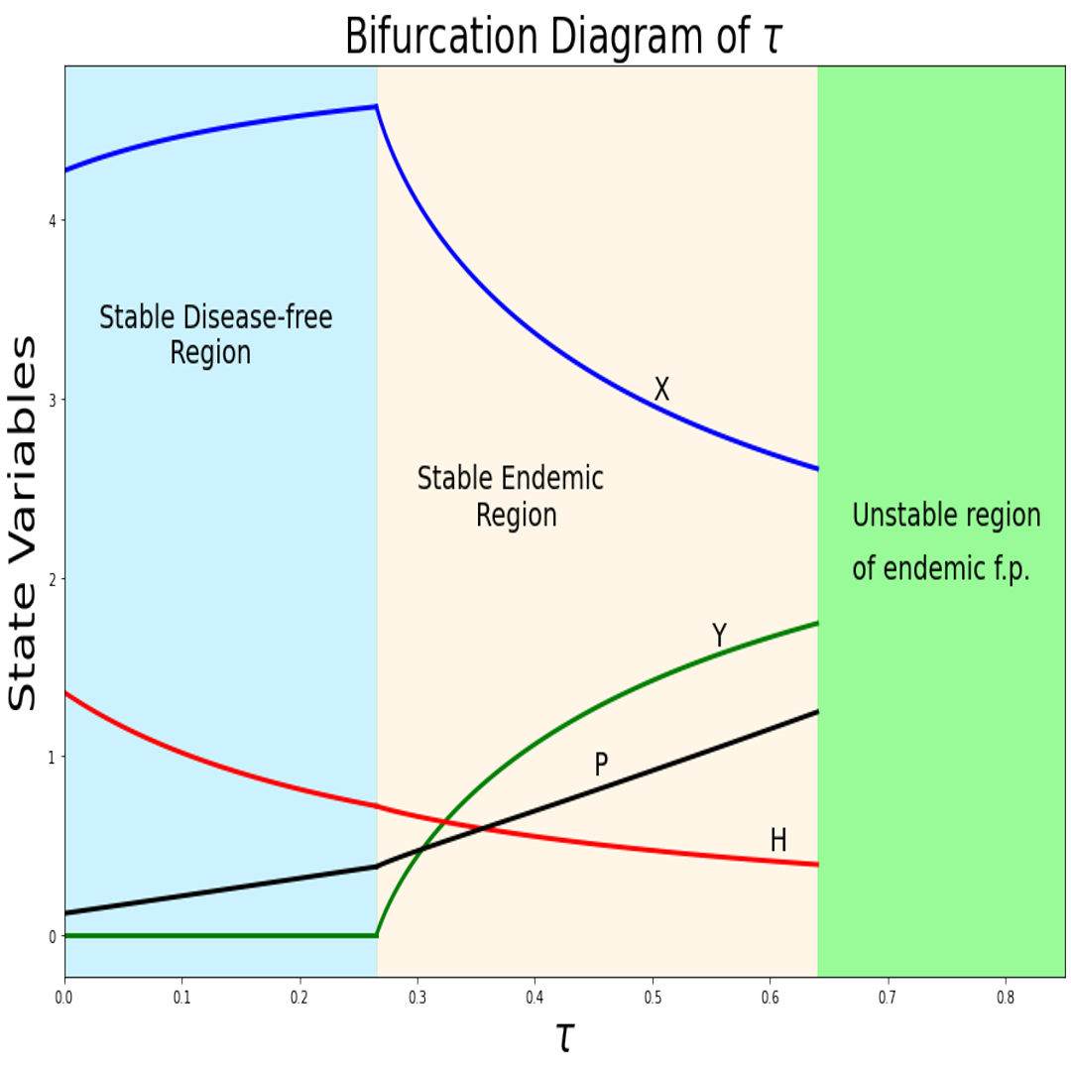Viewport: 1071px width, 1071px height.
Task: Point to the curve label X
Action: (x=661, y=390)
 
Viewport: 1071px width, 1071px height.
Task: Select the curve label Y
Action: (x=720, y=636)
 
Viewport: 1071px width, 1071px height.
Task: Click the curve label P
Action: (x=601, y=765)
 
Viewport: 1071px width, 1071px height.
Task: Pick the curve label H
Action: (x=778, y=841)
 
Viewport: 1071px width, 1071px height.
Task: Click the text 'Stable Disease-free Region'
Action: (x=215, y=335)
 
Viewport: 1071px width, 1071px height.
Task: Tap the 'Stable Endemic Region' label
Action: (x=511, y=496)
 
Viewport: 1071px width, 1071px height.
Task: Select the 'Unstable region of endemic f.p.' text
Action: (x=946, y=542)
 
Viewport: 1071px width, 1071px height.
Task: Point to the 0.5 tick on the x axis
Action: (x=653, y=993)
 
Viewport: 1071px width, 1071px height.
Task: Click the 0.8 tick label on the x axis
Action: (x=1006, y=993)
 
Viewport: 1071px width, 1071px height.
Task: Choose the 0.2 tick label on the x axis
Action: (x=299, y=993)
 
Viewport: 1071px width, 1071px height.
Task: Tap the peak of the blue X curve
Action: (x=376, y=106)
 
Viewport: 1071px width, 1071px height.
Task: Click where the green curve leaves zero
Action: (x=377, y=934)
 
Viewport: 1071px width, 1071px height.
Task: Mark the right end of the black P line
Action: (x=817, y=712)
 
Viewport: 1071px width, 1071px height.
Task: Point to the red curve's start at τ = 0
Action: (x=65, y=692)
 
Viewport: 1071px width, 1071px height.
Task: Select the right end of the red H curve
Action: (x=817, y=865)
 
